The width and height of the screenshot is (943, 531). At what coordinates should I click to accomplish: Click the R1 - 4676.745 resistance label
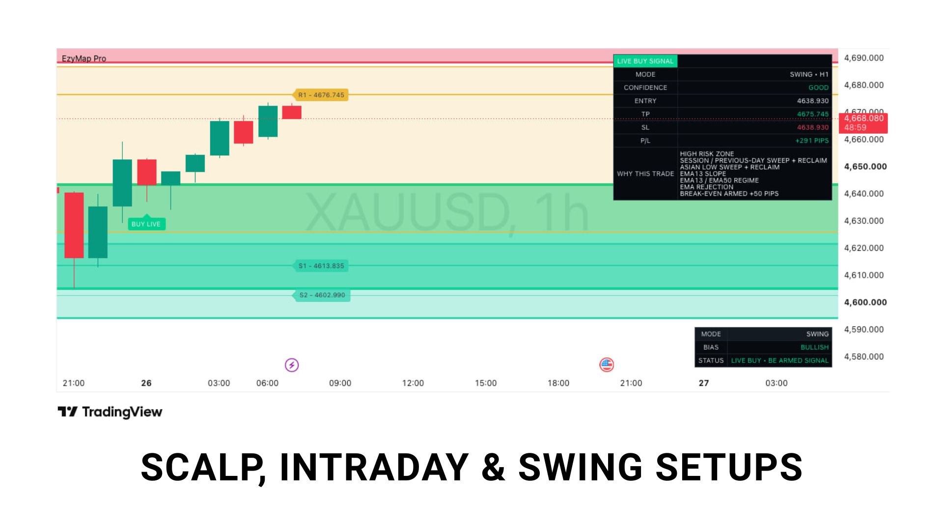coord(321,95)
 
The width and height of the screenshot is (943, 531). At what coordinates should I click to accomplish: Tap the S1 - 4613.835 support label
coord(321,266)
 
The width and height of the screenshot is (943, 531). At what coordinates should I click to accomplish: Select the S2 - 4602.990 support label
coord(322,295)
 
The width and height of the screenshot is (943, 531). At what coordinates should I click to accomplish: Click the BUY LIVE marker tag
coord(146,224)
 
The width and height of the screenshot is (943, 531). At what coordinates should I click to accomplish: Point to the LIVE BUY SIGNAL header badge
coord(645,61)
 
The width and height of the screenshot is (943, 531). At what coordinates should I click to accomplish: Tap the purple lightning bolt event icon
coord(292,365)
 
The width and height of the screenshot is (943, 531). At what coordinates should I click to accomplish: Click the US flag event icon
coord(607,365)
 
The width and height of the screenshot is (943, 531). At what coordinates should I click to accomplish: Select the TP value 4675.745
coord(812,114)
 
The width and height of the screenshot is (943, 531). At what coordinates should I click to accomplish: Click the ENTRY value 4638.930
coord(812,101)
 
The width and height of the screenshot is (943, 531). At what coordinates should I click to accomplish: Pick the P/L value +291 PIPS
coord(812,141)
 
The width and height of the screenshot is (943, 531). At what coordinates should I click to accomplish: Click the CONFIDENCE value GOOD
coord(818,88)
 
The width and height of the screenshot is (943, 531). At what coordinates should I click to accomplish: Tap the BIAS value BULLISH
coord(814,347)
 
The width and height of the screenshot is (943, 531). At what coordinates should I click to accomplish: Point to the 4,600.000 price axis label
coord(865,302)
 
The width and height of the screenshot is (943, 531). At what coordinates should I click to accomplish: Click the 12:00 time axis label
coord(413,383)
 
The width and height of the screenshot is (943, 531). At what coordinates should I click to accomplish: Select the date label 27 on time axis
coord(704,383)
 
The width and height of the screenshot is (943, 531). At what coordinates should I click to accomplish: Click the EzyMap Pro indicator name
coord(84,59)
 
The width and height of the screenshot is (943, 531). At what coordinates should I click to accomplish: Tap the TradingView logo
coord(110,412)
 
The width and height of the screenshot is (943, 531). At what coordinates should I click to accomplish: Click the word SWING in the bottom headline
coord(580,467)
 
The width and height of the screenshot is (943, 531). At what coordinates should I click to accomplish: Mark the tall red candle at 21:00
coord(74,225)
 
